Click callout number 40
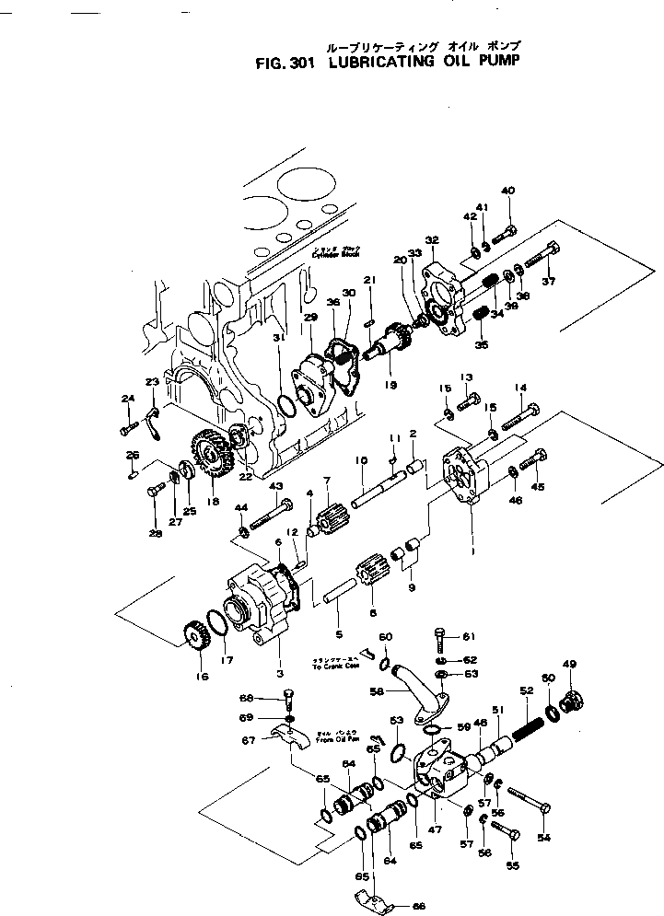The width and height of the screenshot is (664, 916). (508, 191)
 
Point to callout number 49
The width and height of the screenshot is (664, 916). (569, 664)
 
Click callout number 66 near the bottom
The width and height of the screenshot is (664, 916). (418, 906)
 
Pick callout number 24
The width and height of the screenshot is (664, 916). (127, 398)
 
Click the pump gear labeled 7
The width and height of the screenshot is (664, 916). (330, 521)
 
